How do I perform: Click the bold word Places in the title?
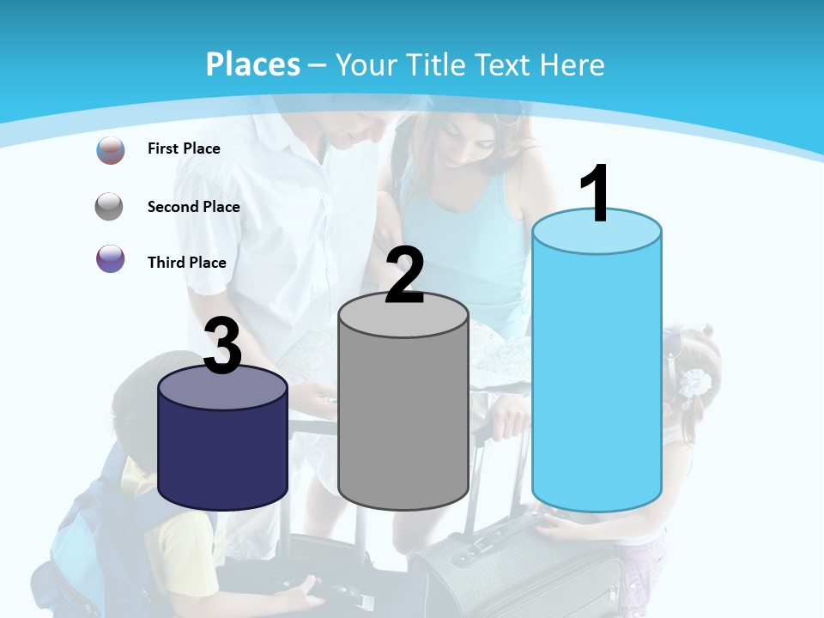coord(253,64)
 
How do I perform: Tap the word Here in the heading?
coord(573,65)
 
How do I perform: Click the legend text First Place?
coord(184,148)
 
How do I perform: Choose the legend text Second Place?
coord(193,206)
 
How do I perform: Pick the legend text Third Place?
coord(186,263)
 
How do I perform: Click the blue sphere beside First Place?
coord(111,150)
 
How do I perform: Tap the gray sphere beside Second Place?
coord(110,207)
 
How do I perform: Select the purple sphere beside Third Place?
coord(111,258)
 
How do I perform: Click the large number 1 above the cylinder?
coord(595,194)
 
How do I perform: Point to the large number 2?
coord(404,276)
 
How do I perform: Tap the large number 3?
coord(223,346)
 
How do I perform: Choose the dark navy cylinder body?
coord(222,455)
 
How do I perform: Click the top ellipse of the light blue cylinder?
coord(597,232)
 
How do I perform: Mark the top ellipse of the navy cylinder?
coord(222,388)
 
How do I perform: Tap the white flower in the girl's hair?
coord(694,382)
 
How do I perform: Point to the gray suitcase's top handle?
coord(485,540)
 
